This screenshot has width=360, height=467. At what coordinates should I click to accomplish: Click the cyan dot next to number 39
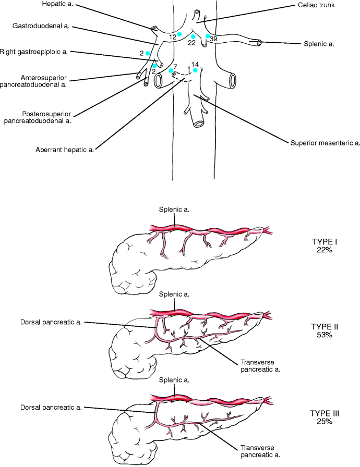pyautogui.click(x=208, y=36)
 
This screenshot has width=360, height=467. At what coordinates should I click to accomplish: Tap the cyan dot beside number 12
pyautogui.click(x=179, y=34)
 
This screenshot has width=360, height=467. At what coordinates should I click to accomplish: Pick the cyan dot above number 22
pyautogui.click(x=193, y=36)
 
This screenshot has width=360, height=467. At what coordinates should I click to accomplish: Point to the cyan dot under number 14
pyautogui.click(x=195, y=70)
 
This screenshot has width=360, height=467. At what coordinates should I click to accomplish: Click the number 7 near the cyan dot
pyautogui.click(x=175, y=66)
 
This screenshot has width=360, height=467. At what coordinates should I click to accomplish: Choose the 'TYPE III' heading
pyautogui.click(x=325, y=413)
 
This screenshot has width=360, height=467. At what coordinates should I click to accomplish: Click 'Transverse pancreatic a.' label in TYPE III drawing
pyautogui.click(x=259, y=451)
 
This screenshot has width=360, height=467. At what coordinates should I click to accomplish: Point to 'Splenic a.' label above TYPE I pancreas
pyautogui.click(x=174, y=209)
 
